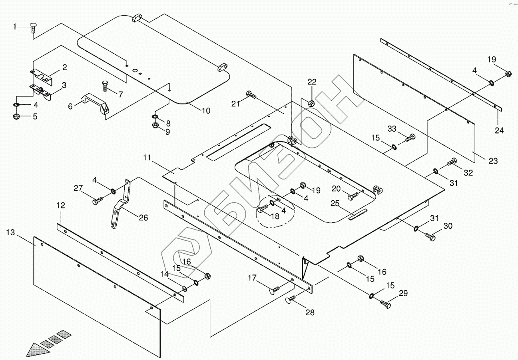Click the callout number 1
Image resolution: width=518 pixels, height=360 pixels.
click(x=15, y=27)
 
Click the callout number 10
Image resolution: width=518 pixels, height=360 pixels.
click(x=205, y=111)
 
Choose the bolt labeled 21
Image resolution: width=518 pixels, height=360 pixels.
click(x=251, y=95)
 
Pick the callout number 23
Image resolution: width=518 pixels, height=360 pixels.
click(x=493, y=161)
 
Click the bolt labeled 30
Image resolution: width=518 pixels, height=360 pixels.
click(x=430, y=237)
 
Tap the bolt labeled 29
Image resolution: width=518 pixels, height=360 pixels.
click(x=385, y=304)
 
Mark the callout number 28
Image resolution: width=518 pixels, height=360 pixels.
click(x=310, y=312)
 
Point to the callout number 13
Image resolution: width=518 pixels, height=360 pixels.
click(x=11, y=232)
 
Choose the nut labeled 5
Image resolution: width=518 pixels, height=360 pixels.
click(x=17, y=117)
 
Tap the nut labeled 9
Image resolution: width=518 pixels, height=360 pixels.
click(x=156, y=125)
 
